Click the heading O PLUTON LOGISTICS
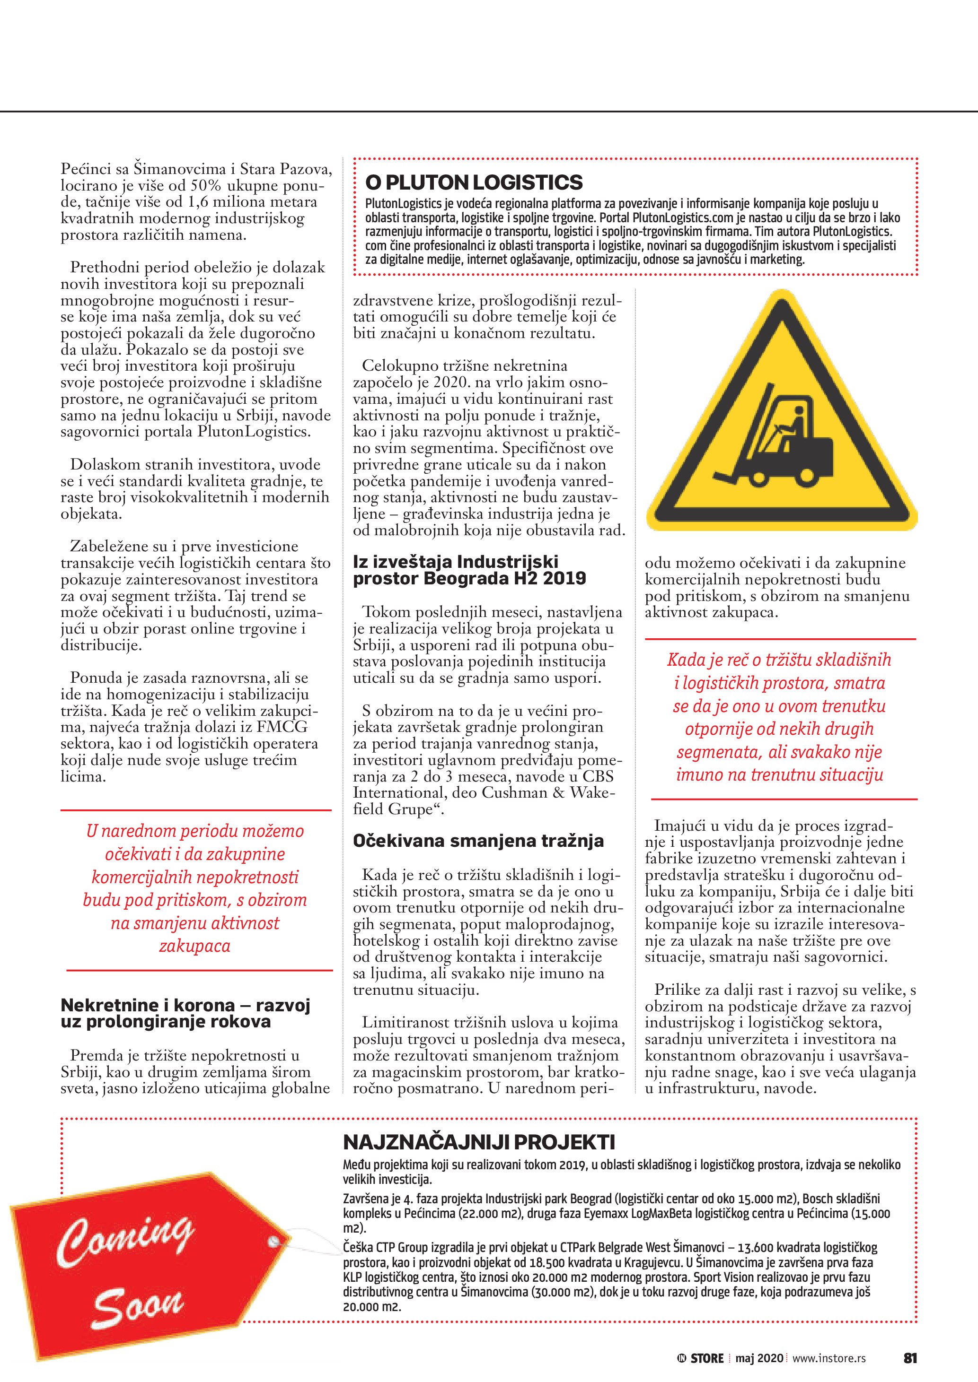[474, 183]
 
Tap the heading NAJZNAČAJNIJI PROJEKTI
[479, 1142]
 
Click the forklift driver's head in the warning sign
[799, 412]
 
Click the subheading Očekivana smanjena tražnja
[478, 841]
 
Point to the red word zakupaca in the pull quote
[194, 946]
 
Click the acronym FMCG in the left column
[282, 727]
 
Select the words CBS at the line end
[598, 776]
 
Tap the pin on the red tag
[274, 1242]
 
